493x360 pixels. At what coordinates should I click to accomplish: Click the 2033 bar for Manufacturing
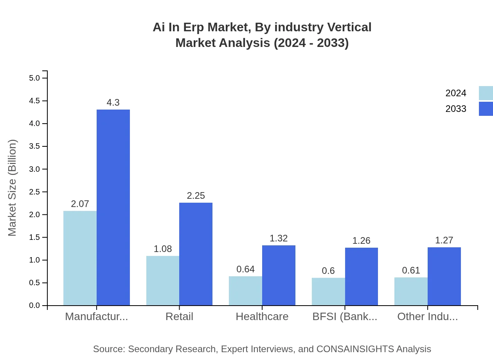point(113,207)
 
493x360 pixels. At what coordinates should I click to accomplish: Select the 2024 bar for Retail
point(163,281)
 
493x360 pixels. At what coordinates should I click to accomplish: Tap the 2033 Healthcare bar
point(279,275)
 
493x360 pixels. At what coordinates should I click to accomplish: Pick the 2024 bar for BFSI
point(328,292)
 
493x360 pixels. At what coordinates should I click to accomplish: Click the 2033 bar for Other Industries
point(444,276)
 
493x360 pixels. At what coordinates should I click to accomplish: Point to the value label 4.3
point(113,103)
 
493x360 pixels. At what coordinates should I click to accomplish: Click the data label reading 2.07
point(80,204)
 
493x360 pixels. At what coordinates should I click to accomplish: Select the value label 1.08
point(163,249)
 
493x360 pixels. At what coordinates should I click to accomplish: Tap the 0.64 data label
point(245,269)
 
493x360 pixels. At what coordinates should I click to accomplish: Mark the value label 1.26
point(361,241)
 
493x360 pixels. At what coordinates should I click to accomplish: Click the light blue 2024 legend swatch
point(486,93)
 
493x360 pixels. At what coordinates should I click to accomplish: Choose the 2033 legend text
point(456,109)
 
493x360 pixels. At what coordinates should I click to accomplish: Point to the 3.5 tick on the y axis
point(34,146)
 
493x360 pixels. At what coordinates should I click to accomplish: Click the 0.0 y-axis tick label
point(34,306)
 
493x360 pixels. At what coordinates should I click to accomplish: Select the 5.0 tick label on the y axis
point(34,78)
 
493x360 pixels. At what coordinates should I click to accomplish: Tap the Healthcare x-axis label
point(262,317)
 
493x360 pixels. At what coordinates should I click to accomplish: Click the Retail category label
point(179,317)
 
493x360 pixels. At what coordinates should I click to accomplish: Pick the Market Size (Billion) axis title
point(13,188)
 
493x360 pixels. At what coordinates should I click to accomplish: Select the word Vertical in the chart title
point(349,27)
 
